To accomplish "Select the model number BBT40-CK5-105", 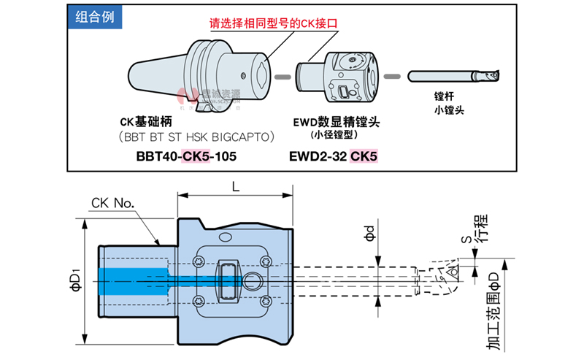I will pyautogui.click(x=186, y=156).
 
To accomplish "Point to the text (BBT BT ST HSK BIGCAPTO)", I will pyautogui.click(x=196, y=137).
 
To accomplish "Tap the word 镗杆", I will pyautogui.click(x=444, y=96).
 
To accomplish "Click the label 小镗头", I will pyautogui.click(x=449, y=111).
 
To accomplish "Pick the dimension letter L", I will pyautogui.click(x=236, y=187).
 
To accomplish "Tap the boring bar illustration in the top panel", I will pyautogui.click(x=453, y=75).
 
